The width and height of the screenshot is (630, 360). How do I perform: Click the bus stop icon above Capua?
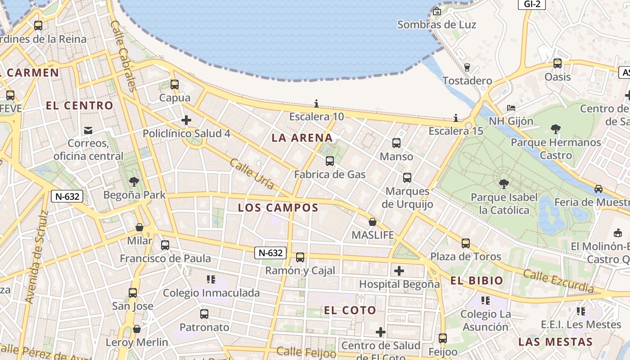coord(175,84)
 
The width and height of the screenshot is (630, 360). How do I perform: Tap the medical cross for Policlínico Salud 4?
coord(186,120)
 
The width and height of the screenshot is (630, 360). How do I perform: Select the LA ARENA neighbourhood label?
coord(302,138)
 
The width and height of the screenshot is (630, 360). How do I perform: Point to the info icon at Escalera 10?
coord(316,104)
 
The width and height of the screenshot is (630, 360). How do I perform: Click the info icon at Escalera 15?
coord(456,118)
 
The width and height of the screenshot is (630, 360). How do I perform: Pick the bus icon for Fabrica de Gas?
coord(330,161)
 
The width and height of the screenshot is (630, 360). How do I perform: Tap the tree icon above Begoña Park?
coord(134,182)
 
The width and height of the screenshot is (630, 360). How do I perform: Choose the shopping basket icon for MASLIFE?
coord(373,222)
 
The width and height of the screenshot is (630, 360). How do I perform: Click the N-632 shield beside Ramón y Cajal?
coord(271,253)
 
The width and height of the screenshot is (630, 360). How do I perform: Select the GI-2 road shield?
coord(532,4)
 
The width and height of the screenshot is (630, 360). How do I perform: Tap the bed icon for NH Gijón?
coord(511,108)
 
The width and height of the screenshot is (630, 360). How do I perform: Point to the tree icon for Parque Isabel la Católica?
coord(504,184)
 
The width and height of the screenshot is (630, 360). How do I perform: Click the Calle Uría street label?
coord(252,174)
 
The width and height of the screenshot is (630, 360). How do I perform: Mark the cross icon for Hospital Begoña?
coord(399,271)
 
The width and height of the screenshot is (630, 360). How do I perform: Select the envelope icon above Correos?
coord(88,130)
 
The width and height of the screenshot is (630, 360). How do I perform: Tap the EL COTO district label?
coord(350,310)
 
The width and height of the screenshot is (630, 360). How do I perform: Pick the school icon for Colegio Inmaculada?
coord(211,279)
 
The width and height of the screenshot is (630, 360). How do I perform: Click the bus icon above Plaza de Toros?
coord(466,243)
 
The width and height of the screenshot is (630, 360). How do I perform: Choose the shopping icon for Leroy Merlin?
coord(137,329)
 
